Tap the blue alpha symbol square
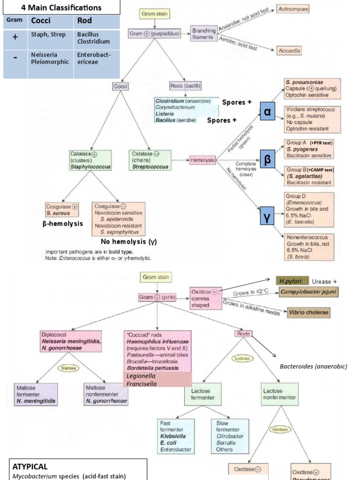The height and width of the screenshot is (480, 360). (267, 112)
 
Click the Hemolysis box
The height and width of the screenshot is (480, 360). (202, 160)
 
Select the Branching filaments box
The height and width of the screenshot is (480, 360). (202, 34)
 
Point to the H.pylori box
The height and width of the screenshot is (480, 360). (292, 281)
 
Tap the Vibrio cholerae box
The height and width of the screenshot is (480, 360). (308, 312)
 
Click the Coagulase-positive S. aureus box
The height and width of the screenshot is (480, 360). (62, 209)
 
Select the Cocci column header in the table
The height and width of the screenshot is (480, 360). (41, 21)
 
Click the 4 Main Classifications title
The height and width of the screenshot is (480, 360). (61, 7)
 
